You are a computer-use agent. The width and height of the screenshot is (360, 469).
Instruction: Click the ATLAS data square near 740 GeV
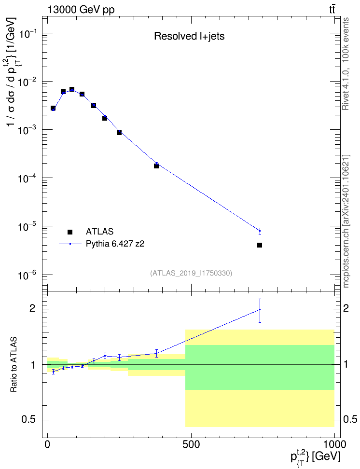tap(260, 245)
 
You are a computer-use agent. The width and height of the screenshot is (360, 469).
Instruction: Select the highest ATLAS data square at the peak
tap(72, 89)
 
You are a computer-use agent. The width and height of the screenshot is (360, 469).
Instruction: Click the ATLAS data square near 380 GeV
tap(156, 166)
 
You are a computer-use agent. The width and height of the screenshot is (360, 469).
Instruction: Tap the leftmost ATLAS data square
tap(53, 108)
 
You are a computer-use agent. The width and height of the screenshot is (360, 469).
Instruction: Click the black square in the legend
tap(70, 232)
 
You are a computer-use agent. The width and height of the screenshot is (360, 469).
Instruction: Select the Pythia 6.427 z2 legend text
tap(115, 244)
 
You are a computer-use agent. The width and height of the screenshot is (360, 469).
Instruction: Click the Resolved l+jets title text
tap(189, 36)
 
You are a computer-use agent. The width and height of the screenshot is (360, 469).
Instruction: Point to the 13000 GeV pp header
tap(81, 10)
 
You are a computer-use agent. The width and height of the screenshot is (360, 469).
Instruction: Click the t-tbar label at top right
tap(332, 9)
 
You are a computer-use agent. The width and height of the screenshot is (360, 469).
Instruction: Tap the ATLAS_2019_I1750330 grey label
tap(191, 273)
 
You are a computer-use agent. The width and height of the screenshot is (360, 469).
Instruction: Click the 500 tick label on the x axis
tap(191, 444)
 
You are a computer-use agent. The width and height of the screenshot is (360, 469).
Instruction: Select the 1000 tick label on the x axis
tap(334, 444)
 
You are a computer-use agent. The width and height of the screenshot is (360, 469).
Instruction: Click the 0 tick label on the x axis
tap(48, 444)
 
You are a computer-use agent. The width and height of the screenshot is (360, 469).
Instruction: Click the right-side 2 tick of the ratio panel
tap(346, 308)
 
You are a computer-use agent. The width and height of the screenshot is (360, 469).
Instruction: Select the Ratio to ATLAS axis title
tap(14, 365)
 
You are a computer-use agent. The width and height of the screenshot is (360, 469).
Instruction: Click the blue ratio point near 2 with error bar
tap(260, 310)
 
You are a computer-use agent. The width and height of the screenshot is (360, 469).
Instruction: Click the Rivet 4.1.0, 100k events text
tap(346, 64)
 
